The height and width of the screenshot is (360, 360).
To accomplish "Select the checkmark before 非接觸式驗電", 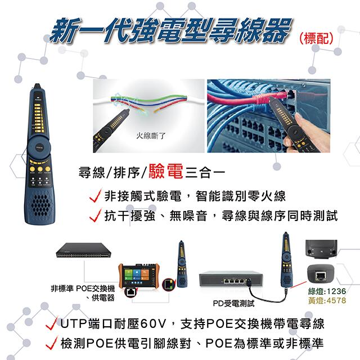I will click(94, 197).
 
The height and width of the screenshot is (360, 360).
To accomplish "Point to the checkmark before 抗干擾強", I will click(94, 216).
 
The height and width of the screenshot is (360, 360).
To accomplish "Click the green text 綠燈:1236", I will click(327, 291).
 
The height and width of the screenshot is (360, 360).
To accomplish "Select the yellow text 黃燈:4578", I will click(327, 301).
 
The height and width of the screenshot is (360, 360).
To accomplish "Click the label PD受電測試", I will click(233, 303).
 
